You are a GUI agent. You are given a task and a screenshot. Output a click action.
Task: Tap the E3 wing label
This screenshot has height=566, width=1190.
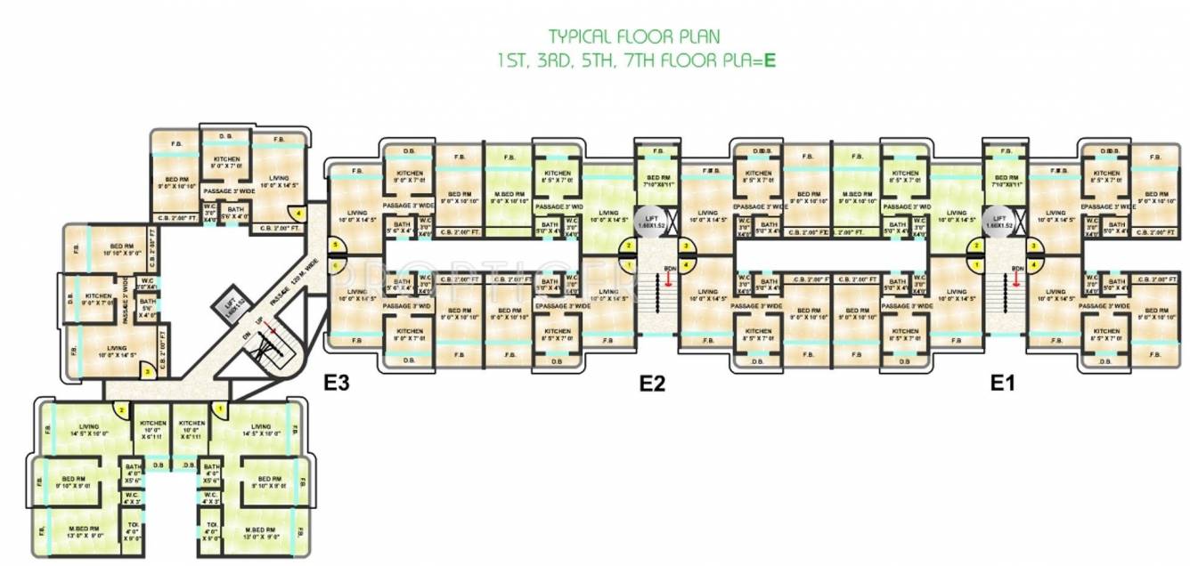click(336, 384)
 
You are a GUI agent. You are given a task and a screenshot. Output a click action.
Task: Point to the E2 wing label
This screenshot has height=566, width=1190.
click(653, 384)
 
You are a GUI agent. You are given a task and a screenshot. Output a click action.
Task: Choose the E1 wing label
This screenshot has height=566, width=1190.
click(1003, 384)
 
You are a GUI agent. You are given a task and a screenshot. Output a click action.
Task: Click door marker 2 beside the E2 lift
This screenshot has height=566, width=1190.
click(629, 246)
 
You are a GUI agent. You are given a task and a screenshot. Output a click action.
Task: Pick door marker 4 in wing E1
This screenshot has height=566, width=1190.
click(1034, 264)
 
